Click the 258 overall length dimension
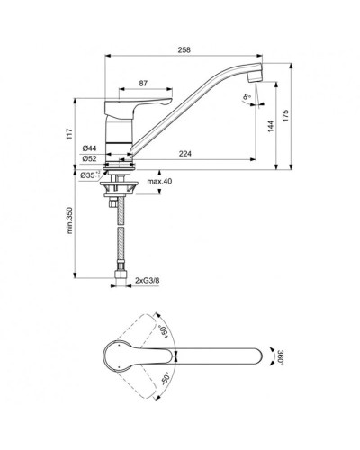184,49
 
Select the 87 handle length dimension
143,84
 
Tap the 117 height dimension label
69,134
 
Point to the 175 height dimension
285,116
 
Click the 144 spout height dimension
271,126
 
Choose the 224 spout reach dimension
185,154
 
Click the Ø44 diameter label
89,148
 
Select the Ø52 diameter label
89,158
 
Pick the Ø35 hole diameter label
90,175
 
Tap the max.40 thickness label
159,181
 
